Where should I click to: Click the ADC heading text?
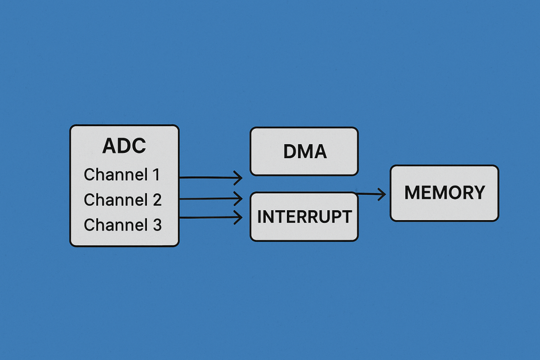124,146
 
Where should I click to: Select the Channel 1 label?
122,175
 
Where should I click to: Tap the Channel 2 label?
123,200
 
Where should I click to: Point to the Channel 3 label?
123,225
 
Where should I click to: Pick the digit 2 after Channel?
157,200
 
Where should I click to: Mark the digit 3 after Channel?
157,225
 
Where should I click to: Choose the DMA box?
304,152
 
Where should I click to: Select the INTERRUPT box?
304,217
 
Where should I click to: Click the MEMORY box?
444,193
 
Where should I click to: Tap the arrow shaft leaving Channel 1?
207,177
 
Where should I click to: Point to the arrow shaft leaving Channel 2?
207,199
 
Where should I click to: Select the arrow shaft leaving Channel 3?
207,217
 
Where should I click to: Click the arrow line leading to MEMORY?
369,193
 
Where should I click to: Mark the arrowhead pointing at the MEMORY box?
382,194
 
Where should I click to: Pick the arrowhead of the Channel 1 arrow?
239,178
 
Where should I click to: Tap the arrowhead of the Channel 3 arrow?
239,217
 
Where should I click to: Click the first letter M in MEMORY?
411,193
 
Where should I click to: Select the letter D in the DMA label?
290,152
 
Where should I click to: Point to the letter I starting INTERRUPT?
260,217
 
